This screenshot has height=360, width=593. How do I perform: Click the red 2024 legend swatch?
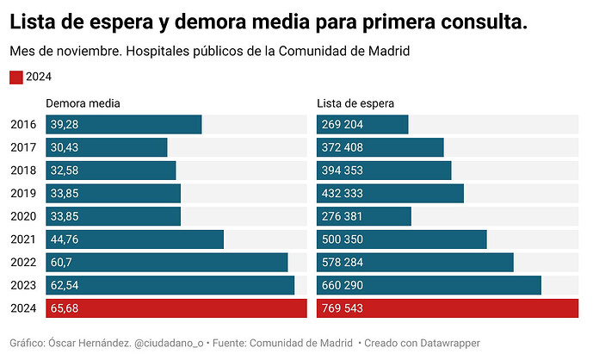(16, 78)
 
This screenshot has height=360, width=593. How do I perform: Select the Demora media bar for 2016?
(124, 125)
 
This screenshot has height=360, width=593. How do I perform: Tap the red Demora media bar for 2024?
(176, 308)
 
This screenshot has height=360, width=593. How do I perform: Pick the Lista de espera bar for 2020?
(364, 216)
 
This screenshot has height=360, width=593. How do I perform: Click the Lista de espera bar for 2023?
(429, 285)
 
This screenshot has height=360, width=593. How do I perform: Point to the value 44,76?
(65, 239)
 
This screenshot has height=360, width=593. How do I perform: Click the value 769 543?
(343, 308)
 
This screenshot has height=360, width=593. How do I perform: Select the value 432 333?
(343, 193)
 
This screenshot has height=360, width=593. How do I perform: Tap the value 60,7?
(61, 263)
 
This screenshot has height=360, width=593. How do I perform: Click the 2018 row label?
(23, 171)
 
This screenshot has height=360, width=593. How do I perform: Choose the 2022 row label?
(23, 263)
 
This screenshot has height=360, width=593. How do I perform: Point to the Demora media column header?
(83, 103)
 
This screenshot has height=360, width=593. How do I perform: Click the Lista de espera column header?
(355, 103)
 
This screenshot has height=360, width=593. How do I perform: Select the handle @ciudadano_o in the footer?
(169, 344)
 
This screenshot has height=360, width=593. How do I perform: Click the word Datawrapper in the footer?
(450, 344)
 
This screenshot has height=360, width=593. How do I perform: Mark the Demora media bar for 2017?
(107, 147)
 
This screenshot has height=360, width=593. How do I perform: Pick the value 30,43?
(65, 147)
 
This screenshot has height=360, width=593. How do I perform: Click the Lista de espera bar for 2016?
(362, 125)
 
